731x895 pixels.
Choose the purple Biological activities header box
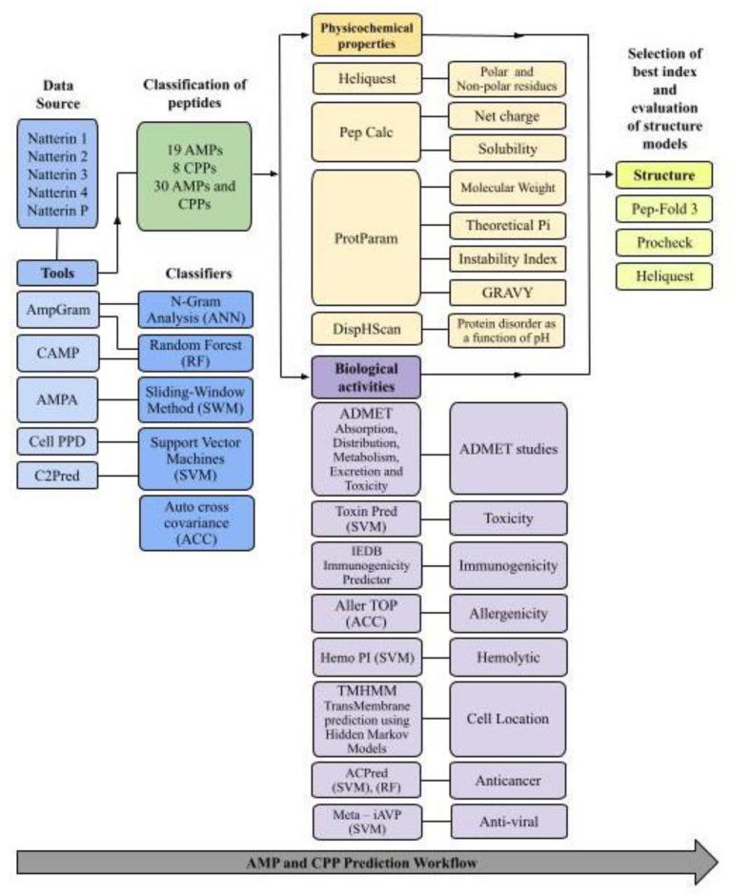[x=366, y=376]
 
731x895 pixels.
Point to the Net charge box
[x=508, y=117]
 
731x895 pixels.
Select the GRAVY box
[x=508, y=291]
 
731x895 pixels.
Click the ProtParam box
[x=366, y=236]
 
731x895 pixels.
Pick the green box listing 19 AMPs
[x=194, y=175]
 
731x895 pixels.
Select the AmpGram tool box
[x=60, y=310]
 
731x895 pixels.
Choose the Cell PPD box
[x=60, y=442]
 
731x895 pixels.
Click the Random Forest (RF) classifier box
[x=197, y=355]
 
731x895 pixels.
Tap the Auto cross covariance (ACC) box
[x=197, y=523]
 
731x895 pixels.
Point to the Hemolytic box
[x=508, y=657]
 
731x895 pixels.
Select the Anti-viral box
[x=508, y=821]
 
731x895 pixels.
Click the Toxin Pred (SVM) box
[x=366, y=519]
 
